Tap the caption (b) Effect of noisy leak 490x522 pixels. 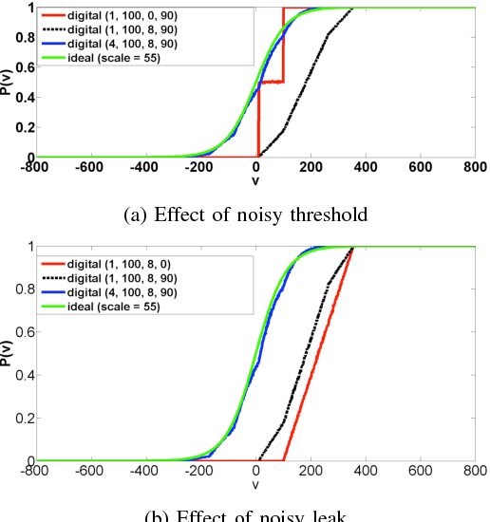click(x=244, y=515)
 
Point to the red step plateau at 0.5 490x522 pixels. click(x=271, y=83)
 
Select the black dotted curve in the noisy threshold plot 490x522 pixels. click(x=304, y=95)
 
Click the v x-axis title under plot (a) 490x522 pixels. click(x=255, y=180)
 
